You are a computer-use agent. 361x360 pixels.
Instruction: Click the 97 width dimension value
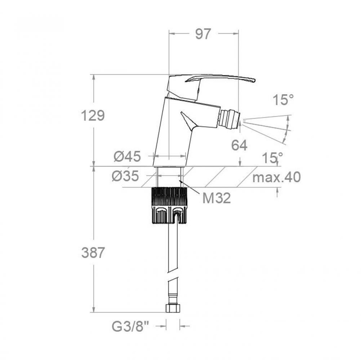203,34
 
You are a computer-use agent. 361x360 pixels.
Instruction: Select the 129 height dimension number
93,116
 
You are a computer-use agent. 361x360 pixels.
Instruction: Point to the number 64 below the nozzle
239,145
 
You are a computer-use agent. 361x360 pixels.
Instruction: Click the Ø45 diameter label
127,157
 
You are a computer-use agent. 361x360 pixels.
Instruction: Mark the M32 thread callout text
216,198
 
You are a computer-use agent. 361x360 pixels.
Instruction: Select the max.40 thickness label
277,177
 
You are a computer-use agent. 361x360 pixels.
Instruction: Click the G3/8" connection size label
131,327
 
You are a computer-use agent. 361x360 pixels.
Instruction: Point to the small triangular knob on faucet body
188,121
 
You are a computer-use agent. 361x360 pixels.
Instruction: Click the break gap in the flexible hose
173,274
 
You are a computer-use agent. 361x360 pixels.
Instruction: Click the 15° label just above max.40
273,158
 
